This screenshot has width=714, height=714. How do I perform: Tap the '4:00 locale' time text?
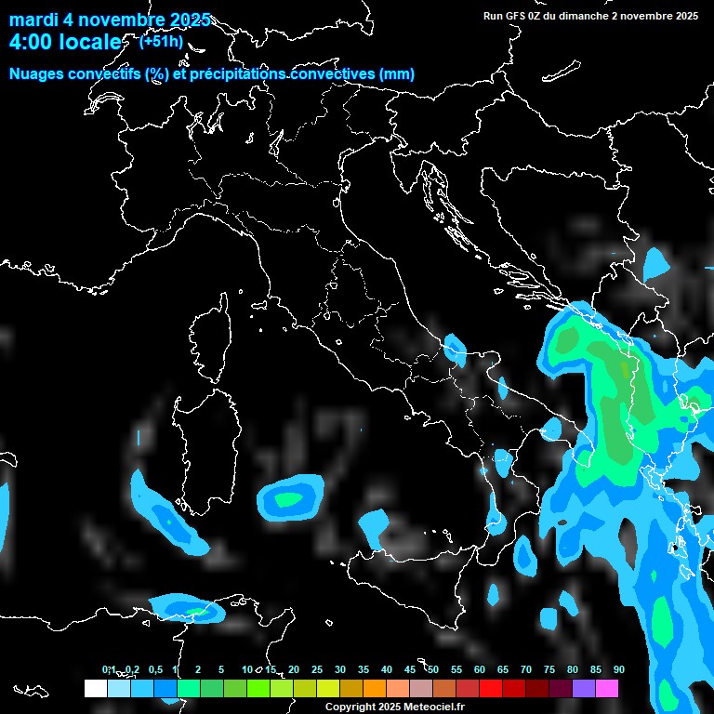65,42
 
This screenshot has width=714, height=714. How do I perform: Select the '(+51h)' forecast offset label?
160,41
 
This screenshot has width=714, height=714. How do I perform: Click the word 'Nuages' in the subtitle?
36,74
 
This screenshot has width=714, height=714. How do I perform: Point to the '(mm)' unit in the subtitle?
397,74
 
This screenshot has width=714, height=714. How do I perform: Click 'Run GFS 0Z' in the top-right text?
517,16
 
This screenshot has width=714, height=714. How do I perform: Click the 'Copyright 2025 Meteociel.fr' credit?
394,707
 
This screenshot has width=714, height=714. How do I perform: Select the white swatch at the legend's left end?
95,688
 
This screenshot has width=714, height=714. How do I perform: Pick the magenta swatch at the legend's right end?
607,688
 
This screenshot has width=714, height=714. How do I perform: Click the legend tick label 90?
618,669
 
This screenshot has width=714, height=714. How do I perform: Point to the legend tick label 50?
432,669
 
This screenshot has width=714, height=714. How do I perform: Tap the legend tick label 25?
316,669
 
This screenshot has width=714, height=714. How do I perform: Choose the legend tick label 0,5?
154,669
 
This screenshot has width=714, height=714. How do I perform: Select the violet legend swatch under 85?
584,688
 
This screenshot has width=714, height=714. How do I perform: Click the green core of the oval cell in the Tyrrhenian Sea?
288,499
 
